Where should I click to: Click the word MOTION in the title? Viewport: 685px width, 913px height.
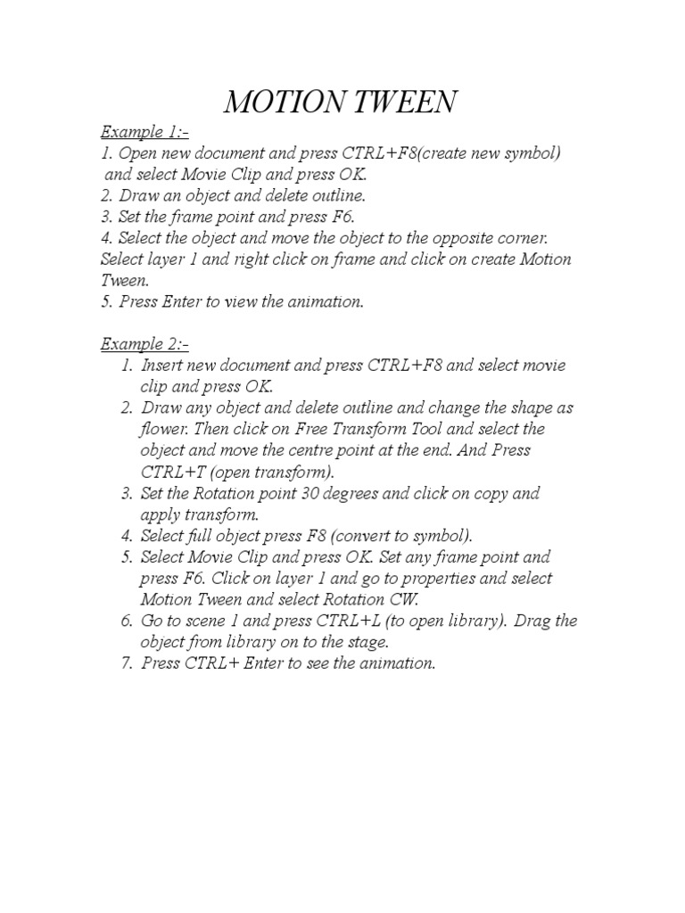coord(279,103)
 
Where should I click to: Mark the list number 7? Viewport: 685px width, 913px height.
coord(126,663)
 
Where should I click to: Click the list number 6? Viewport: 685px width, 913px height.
coord(126,621)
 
